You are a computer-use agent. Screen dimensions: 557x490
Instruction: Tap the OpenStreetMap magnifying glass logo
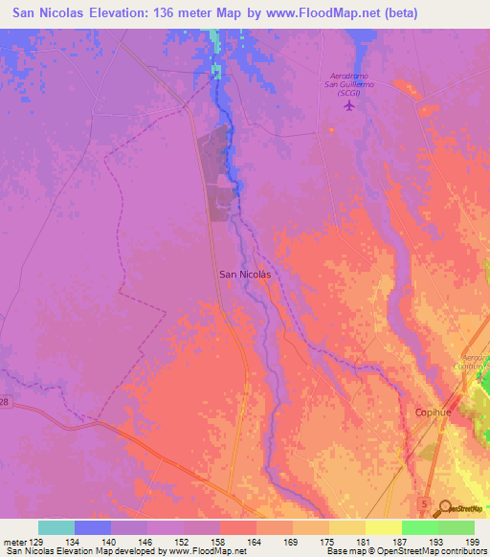446,508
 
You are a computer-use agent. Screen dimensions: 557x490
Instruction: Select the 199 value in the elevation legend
474,542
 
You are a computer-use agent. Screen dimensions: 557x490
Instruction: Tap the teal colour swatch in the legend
56,527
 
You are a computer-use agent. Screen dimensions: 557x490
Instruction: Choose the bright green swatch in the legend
420,527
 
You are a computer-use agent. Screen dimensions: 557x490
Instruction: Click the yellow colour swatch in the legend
384,527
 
